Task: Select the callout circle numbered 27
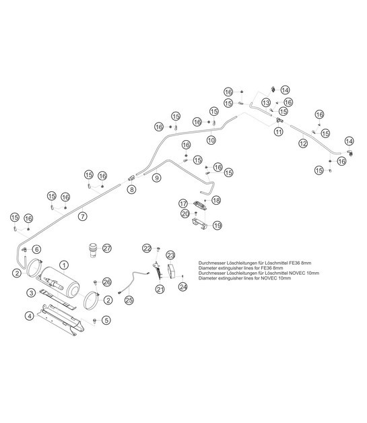106,249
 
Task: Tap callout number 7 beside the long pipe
82,217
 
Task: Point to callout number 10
211,141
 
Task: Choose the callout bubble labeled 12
303,143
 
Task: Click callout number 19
217,226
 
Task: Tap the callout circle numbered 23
170,255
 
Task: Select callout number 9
156,178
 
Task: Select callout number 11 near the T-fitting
277,133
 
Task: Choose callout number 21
160,289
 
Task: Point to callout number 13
267,102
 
